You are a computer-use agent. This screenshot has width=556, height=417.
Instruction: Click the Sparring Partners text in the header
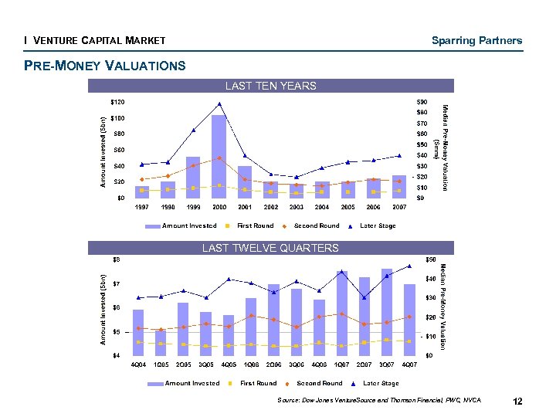pyautogui.click(x=476, y=40)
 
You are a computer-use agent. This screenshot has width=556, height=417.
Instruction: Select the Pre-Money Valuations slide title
pyautogui.click(x=105, y=66)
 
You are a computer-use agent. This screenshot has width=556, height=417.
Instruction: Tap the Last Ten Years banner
pyautogui.click(x=270, y=86)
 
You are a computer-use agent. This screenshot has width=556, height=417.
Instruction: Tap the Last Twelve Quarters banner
pyautogui.click(x=270, y=248)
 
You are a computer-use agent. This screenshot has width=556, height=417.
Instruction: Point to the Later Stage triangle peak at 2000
pyautogui.click(x=219, y=104)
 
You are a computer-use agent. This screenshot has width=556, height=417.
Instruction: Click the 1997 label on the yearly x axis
pyautogui.click(x=142, y=207)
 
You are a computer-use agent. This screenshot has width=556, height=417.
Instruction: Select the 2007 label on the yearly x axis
pyautogui.click(x=399, y=207)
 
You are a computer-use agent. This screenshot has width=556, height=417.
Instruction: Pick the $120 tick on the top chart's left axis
pyautogui.click(x=117, y=102)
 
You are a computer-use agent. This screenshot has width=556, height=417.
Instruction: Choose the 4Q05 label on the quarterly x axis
pyautogui.click(x=229, y=364)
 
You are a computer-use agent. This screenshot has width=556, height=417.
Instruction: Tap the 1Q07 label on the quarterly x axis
pyautogui.click(x=342, y=364)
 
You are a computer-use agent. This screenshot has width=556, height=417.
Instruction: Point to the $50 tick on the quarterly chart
pyautogui.click(x=430, y=259)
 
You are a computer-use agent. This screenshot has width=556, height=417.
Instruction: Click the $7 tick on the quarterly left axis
pyautogui.click(x=116, y=283)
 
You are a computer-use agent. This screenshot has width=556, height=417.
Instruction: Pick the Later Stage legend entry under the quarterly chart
pyautogui.click(x=379, y=383)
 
